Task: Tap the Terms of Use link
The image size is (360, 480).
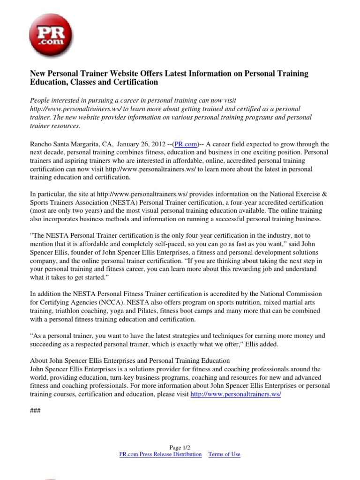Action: pos(224,454)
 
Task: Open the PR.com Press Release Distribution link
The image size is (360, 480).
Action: pos(160,454)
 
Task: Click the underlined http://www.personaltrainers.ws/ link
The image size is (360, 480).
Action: pos(236,394)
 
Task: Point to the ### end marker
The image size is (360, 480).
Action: pos(35,411)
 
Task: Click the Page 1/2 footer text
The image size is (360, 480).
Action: pos(180,448)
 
